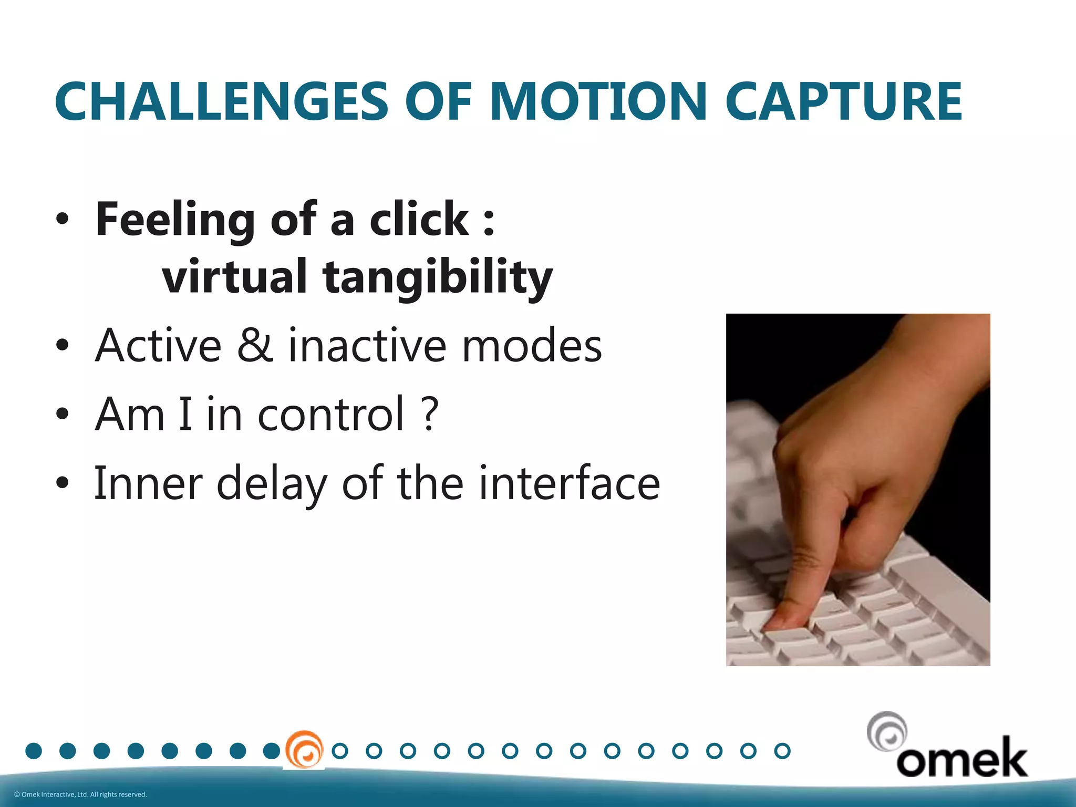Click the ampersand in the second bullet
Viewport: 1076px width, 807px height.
pyautogui.click(x=255, y=345)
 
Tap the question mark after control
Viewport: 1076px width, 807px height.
pyautogui.click(x=429, y=415)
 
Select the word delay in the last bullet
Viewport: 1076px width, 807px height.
pyautogui.click(x=272, y=483)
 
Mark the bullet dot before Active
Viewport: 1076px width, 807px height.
pyautogui.click(x=63, y=345)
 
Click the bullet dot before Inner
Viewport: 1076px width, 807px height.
pyautogui.click(x=63, y=483)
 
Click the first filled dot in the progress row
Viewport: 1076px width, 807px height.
pyautogui.click(x=34, y=751)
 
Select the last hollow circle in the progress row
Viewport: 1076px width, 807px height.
pyautogui.click(x=782, y=751)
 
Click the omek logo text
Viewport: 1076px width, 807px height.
pyautogui.click(x=961, y=758)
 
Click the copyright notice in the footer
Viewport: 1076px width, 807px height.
pyautogui.click(x=80, y=794)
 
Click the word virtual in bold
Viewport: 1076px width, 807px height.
pyautogui.click(x=234, y=276)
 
